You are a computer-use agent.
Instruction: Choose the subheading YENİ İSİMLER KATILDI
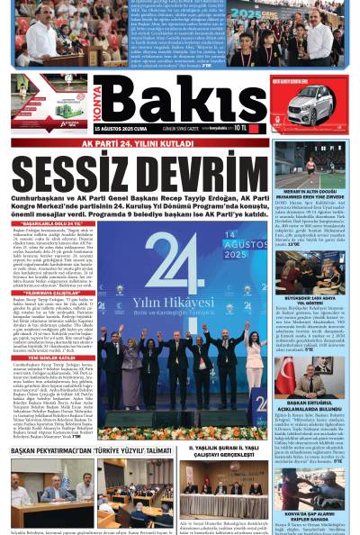49,357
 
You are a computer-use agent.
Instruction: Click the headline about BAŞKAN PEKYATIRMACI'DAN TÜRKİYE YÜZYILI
91,449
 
